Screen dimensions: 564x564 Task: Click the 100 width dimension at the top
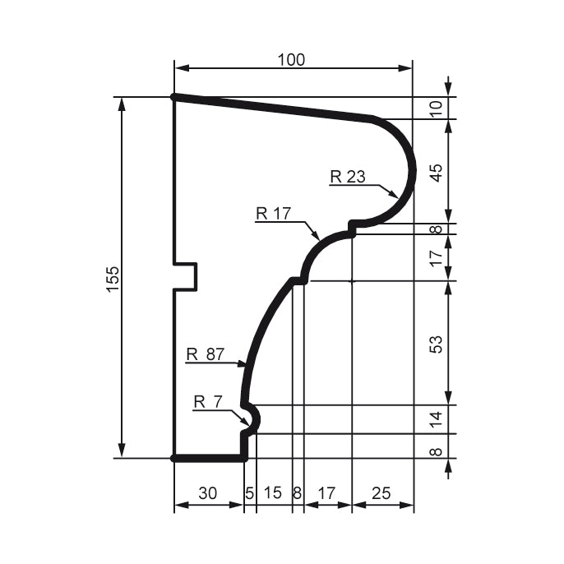click(x=291, y=59)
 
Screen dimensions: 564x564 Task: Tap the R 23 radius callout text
click(x=347, y=175)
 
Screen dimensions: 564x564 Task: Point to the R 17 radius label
click(x=274, y=214)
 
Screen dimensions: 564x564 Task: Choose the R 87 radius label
click(x=205, y=354)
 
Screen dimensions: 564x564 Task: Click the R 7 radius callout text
click(x=208, y=401)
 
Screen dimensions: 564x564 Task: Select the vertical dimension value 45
click(x=437, y=172)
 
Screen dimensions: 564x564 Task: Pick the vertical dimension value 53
click(x=437, y=342)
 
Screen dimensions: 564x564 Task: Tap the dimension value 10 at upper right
click(x=437, y=108)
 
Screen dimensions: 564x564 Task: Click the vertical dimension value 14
click(x=437, y=418)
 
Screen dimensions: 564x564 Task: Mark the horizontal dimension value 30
click(x=208, y=492)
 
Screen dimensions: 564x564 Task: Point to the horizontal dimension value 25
click(x=381, y=492)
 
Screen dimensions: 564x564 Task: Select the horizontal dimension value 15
click(x=274, y=492)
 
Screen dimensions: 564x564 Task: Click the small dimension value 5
click(x=250, y=492)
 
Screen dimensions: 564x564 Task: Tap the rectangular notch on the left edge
click(x=187, y=277)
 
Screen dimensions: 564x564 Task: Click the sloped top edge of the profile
click(x=271, y=108)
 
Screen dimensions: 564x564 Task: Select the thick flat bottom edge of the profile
click(x=209, y=458)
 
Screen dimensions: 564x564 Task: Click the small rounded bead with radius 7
click(x=253, y=418)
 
